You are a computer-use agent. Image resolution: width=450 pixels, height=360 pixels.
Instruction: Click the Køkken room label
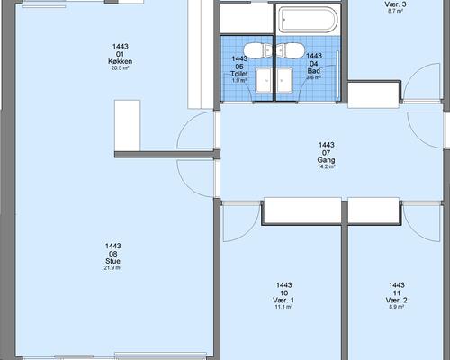click(x=120, y=61)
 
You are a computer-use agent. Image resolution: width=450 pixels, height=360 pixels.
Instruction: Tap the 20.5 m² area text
click(x=120, y=68)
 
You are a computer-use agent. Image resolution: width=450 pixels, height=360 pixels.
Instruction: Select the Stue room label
click(x=112, y=261)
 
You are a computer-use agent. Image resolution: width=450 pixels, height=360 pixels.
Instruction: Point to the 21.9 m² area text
click(x=112, y=268)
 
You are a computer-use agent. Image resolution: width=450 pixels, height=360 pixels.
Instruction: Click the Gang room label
click(x=327, y=160)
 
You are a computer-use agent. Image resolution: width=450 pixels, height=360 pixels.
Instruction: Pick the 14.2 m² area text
click(x=327, y=166)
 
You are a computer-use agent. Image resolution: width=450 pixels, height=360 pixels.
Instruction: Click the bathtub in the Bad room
click(x=308, y=20)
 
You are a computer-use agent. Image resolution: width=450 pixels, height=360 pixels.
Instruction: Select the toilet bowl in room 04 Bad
click(x=291, y=50)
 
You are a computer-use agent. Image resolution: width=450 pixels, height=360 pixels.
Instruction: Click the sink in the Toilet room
click(x=264, y=80)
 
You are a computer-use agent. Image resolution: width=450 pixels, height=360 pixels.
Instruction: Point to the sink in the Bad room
click(x=284, y=80)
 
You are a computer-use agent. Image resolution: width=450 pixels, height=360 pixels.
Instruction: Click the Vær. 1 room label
click(x=283, y=300)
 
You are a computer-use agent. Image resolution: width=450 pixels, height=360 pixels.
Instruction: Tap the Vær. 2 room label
click(x=397, y=300)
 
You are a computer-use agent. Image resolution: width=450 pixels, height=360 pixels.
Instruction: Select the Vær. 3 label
click(x=395, y=4)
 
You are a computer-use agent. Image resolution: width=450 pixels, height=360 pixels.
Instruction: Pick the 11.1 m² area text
click(x=283, y=307)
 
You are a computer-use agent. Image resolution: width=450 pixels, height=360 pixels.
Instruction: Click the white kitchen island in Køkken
click(x=127, y=125)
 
